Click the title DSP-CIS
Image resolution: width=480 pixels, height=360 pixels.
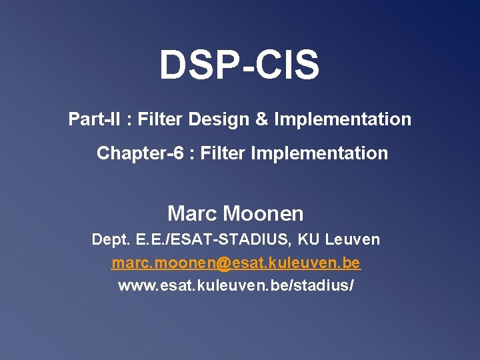[239, 65]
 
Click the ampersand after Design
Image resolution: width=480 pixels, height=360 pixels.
[262, 120]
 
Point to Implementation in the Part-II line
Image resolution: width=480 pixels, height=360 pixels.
[343, 120]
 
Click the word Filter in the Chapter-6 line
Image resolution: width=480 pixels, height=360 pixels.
[223, 153]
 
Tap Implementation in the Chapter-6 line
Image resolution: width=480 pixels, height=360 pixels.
[319, 153]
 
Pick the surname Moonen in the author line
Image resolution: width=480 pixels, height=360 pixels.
[263, 214]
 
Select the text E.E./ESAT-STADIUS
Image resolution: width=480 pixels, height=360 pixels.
[214, 239]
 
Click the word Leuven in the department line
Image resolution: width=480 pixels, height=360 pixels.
[354, 239]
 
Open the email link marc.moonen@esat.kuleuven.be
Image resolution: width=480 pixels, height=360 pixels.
[236, 263]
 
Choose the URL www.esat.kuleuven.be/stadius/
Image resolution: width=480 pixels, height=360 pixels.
[236, 286]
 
